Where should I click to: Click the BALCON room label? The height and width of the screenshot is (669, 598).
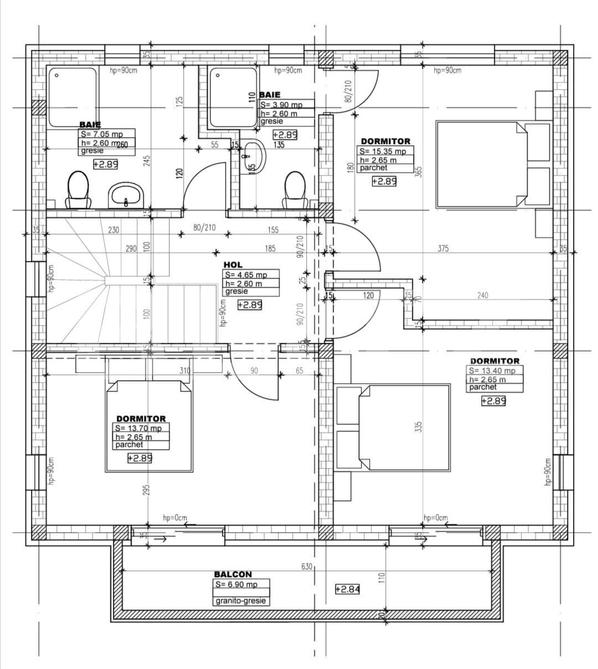click(233, 574)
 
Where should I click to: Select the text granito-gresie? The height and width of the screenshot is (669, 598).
click(241, 601)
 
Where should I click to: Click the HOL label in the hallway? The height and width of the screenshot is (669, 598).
click(233, 265)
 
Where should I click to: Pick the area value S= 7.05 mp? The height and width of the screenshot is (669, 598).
click(102, 134)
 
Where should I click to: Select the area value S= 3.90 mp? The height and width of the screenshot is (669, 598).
click(281, 105)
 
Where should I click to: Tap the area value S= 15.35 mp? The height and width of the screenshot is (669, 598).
click(383, 151)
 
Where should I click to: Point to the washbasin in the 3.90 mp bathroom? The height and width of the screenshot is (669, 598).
click(253, 156)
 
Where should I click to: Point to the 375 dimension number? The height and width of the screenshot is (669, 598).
click(443, 249)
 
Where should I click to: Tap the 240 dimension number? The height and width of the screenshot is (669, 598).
click(482, 296)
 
